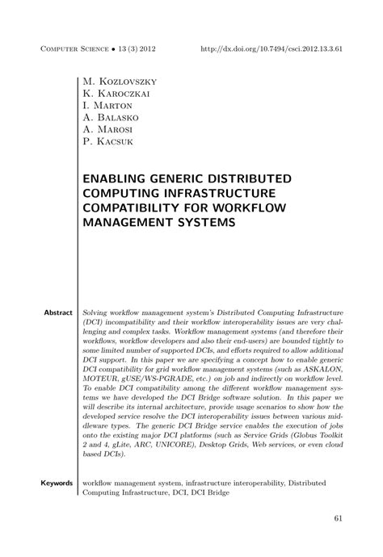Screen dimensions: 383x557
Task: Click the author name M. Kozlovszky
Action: [x=120, y=82]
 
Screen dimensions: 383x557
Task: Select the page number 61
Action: [x=337, y=518]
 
